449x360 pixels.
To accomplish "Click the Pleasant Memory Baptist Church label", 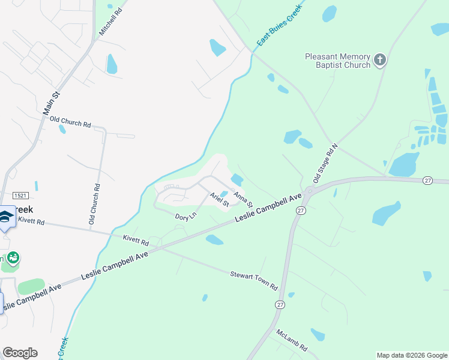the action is (337, 61).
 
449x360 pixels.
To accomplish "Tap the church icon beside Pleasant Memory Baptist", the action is (379, 60).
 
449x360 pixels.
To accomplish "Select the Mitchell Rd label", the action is (110, 21).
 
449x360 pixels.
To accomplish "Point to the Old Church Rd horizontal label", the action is (70, 122).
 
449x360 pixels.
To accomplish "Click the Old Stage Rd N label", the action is (326, 163).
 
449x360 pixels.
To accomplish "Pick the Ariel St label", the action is (219, 199).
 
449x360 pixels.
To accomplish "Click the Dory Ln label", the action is (185, 216).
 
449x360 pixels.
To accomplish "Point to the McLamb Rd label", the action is (292, 340).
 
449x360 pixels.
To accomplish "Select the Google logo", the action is (20, 353).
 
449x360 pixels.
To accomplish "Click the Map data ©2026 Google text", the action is (412, 355).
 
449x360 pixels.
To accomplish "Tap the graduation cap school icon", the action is (6, 217).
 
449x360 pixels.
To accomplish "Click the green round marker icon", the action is (13, 259).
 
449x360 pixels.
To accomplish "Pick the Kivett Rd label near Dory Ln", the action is (136, 241).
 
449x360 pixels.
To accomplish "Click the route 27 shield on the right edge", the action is (428, 180).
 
